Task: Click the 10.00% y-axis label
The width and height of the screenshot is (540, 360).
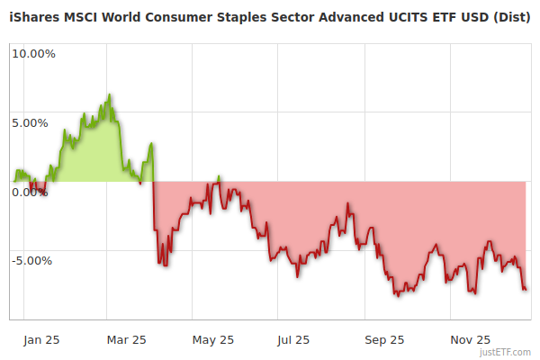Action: coord(33,54)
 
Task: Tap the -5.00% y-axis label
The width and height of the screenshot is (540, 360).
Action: coord(33,261)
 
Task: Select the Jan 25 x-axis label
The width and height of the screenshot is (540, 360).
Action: coord(42,339)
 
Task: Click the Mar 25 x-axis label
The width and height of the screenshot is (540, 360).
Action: coord(126,339)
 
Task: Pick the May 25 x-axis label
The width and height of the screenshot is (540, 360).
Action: coord(213,339)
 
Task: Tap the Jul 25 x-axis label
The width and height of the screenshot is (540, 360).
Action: coord(294,339)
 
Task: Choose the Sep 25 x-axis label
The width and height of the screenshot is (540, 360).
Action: coord(384,339)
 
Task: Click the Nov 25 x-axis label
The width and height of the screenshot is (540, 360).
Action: coord(471,339)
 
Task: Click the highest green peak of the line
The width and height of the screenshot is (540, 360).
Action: coord(109,94)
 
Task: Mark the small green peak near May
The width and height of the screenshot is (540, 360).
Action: coord(219,176)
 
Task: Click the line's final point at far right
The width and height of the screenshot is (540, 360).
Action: coord(526,289)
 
